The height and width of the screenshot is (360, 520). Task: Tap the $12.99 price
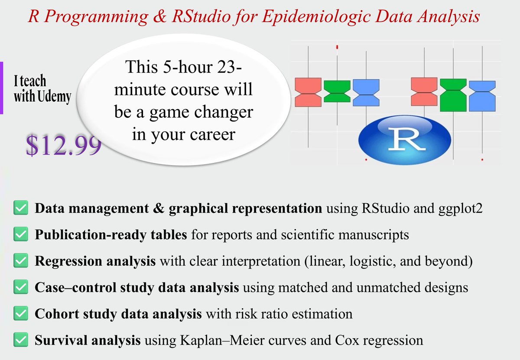(x=63, y=146)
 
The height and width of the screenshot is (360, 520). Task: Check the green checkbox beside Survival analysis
(x=21, y=340)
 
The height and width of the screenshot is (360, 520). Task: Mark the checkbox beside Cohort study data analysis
(x=21, y=314)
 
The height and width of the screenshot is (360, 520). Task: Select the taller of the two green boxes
(x=453, y=95)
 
